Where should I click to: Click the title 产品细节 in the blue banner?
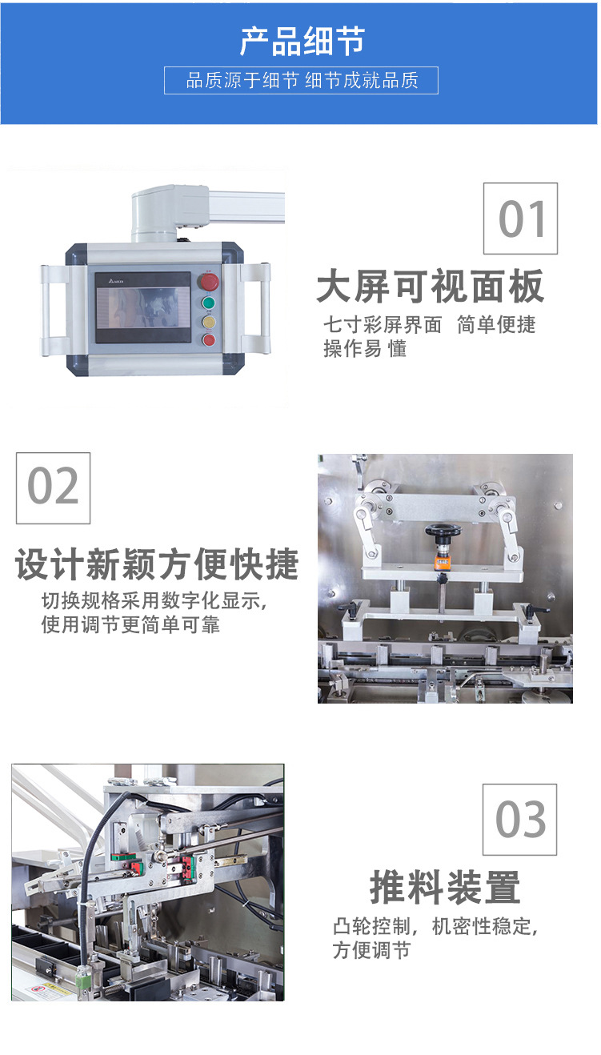[x=302, y=42]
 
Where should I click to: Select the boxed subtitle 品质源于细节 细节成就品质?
[x=301, y=81]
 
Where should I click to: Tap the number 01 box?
[x=520, y=219]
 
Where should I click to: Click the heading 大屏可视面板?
[x=431, y=287]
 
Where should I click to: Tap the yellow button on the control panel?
[x=209, y=322]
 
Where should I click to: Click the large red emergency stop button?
[x=210, y=282]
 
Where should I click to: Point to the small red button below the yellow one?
[x=209, y=339]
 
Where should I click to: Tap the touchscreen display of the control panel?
[x=142, y=307]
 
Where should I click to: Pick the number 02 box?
[x=54, y=488]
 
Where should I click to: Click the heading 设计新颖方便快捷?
[x=157, y=564]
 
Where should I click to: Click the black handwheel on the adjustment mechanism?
[x=443, y=531]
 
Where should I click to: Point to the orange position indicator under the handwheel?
[x=443, y=563]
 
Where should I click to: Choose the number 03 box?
[x=519, y=820]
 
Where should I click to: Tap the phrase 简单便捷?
[x=496, y=325]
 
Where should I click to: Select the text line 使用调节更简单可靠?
[x=130, y=625]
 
